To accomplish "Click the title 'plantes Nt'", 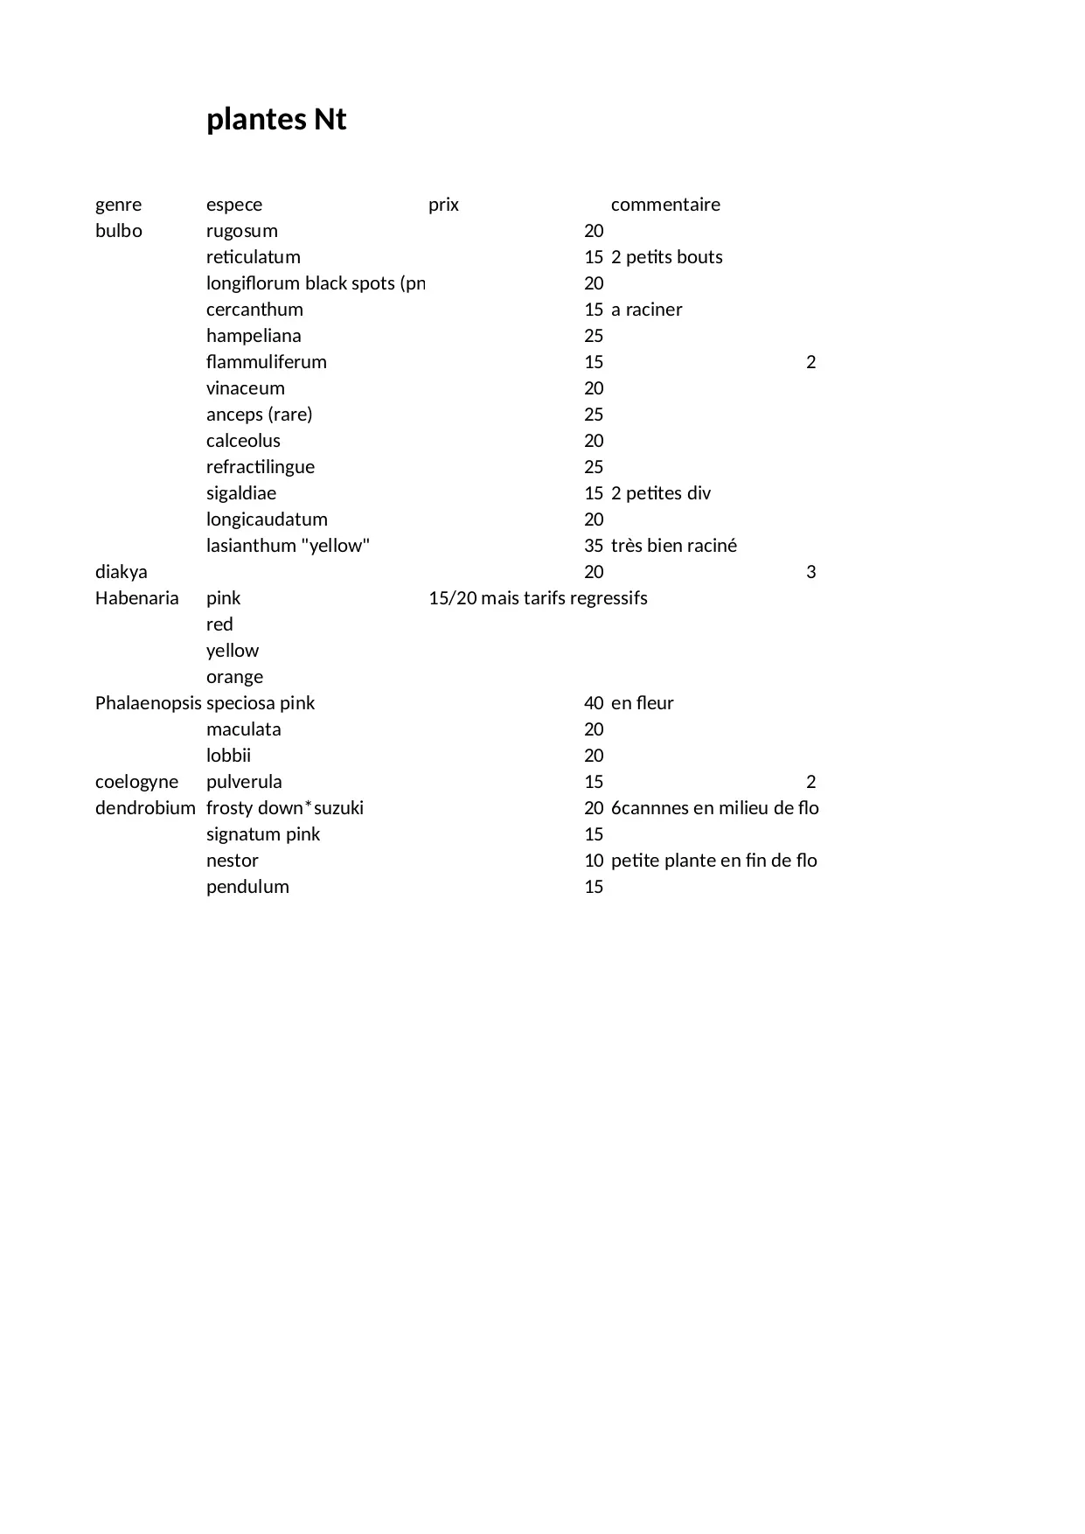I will (276, 119).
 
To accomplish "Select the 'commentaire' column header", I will (665, 205).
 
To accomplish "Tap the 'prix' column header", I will (443, 205).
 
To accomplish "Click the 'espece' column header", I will (234, 205).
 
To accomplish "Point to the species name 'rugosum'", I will (242, 231).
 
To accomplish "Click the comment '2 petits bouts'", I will (667, 257).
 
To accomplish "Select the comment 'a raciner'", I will (647, 310).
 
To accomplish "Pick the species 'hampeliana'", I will (254, 336).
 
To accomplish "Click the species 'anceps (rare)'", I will (259, 415).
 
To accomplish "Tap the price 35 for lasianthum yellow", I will (594, 546).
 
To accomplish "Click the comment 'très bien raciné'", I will (674, 546).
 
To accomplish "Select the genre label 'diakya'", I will (122, 572).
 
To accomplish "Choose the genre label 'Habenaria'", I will (137, 598).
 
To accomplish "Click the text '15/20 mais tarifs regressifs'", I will (538, 598).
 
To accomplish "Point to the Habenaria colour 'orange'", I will (234, 677).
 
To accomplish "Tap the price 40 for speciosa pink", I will (594, 703).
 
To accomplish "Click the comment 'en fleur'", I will (643, 703).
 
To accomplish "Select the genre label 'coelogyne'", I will (137, 782).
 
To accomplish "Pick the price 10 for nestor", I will (594, 861).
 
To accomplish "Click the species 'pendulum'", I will (247, 887).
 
